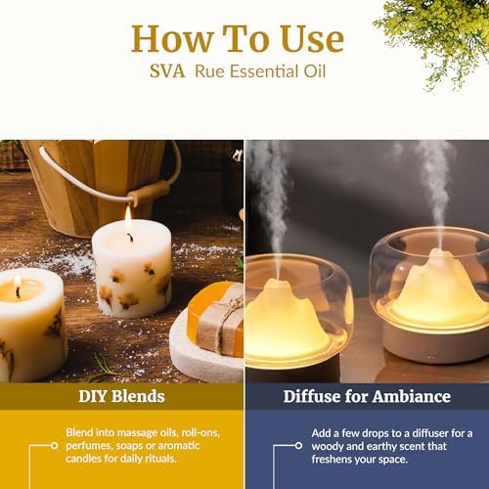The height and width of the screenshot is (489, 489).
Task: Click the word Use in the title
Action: click(312, 39)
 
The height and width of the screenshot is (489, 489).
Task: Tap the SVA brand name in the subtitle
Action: click(167, 71)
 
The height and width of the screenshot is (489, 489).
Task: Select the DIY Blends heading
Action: click(121, 396)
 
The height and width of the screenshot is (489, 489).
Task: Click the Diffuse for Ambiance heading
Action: click(367, 396)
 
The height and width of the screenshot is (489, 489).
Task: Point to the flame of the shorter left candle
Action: click(18, 283)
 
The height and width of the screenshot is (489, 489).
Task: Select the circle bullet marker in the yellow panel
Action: click(55, 445)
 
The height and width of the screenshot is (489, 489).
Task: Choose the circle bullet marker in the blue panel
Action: click(298, 446)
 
